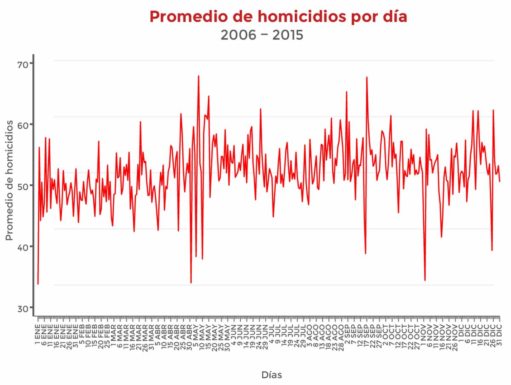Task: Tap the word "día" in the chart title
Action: click(x=393, y=17)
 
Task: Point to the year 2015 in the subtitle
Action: click(x=288, y=35)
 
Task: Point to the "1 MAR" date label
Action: click(x=113, y=333)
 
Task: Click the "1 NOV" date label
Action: click(x=424, y=333)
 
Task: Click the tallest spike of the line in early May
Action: click(x=198, y=76)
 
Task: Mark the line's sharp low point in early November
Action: click(x=425, y=280)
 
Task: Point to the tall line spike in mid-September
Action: click(x=367, y=78)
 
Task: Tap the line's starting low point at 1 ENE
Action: click(x=38, y=284)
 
